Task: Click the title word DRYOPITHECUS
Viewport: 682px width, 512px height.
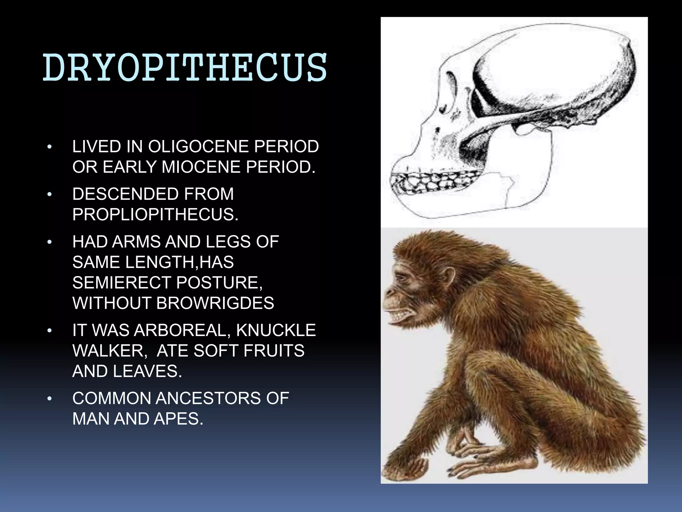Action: pyautogui.click(x=185, y=68)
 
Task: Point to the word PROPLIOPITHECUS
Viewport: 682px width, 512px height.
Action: pyautogui.click(x=155, y=215)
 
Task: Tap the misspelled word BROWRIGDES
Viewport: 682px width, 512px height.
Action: pyautogui.click(x=215, y=303)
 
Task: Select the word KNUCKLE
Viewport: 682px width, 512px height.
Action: pyautogui.click(x=276, y=330)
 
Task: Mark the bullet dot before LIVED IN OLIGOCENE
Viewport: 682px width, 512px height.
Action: pyautogui.click(x=50, y=147)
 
